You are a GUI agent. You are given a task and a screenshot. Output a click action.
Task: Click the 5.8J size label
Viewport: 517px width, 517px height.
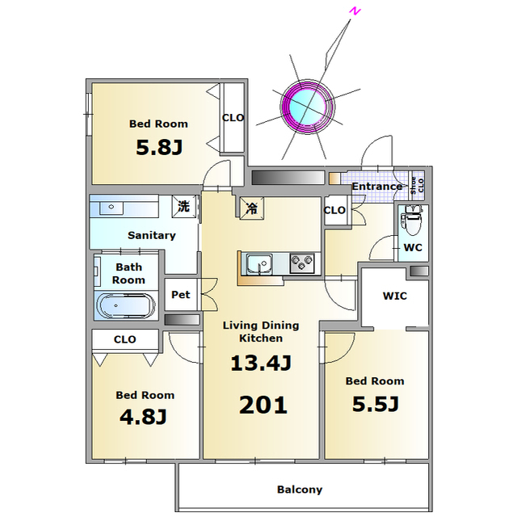(159, 147)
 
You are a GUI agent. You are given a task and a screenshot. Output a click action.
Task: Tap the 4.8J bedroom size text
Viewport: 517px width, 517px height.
(143, 417)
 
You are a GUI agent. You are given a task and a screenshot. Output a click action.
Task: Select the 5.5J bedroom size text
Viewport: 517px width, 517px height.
(376, 404)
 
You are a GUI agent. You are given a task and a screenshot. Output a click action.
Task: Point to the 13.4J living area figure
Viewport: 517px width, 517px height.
(261, 364)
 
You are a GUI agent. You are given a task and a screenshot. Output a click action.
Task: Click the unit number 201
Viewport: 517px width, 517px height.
(263, 406)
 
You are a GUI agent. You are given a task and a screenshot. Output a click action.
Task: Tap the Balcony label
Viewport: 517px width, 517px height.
(300, 490)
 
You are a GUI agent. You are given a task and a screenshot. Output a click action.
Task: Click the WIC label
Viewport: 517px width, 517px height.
(395, 296)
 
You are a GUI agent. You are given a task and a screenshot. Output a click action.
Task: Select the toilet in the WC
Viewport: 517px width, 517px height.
(411, 220)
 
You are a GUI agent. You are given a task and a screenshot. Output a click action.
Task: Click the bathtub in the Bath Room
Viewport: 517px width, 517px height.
(125, 305)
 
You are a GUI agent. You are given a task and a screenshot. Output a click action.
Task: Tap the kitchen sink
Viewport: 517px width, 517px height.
(259, 264)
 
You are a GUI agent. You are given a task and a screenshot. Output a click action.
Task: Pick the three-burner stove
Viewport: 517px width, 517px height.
(302, 263)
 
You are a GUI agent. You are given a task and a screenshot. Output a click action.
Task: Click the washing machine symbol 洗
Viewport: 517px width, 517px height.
(183, 207)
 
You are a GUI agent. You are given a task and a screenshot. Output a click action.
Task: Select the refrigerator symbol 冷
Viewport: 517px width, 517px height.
(252, 208)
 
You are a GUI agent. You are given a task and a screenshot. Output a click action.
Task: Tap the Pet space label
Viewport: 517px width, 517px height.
(181, 294)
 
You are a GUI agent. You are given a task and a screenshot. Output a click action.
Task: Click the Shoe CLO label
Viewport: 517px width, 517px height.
(417, 185)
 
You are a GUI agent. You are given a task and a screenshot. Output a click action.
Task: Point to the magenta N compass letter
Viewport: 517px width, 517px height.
(355, 11)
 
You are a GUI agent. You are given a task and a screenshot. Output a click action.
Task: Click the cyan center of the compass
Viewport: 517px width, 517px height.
(308, 107)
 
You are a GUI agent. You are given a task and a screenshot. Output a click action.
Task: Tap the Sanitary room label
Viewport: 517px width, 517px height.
(152, 235)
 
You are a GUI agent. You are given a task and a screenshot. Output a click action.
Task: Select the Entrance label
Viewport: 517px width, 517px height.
(377, 187)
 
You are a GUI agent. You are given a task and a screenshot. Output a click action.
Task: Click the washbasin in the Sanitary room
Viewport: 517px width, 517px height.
(111, 208)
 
